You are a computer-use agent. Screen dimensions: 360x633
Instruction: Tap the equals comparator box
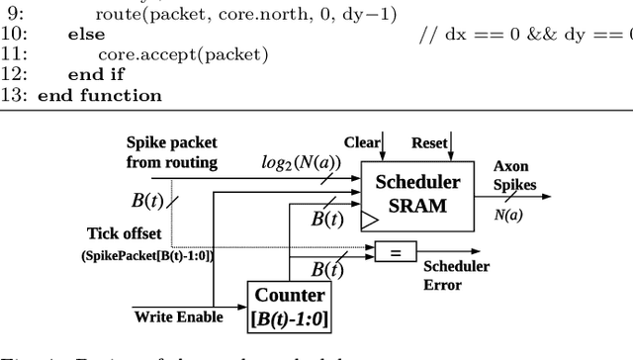pos(395,252)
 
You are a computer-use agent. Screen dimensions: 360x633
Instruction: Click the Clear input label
pos(361,142)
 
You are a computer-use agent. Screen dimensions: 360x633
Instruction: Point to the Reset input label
pos(428,142)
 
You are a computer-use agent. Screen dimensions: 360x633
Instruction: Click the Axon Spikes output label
pos(514,176)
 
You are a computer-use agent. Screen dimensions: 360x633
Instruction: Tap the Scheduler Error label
pos(456,275)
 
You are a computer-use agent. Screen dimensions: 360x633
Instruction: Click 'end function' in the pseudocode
pos(99,96)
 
